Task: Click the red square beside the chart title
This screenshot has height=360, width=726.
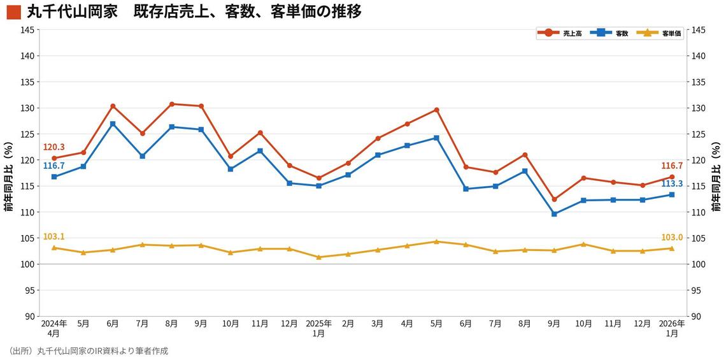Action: [13, 12]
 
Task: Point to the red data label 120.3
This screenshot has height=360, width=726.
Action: [54, 147]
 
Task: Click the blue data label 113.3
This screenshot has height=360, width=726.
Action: [672, 184]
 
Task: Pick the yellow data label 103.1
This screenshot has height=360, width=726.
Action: [54, 236]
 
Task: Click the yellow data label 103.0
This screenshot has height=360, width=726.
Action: [672, 237]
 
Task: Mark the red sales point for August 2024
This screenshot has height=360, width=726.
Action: [172, 104]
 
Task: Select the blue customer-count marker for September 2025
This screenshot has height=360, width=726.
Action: [554, 214]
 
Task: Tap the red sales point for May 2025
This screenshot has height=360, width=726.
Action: [436, 110]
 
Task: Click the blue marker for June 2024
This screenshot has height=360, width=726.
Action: [113, 124]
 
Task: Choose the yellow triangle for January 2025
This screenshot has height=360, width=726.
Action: [319, 257]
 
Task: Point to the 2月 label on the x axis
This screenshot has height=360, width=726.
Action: [348, 324]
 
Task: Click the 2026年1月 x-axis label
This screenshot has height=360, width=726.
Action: [672, 328]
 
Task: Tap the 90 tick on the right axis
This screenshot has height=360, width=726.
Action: [697, 316]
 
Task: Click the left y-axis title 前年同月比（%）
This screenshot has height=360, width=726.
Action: [8, 178]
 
